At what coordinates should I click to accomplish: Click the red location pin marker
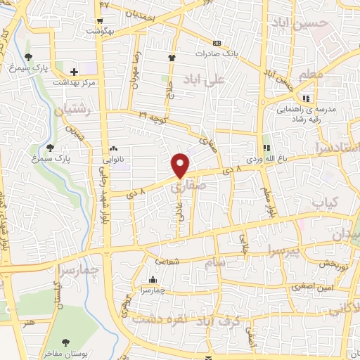coord(181,165)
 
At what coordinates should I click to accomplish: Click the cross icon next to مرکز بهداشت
coord(75,72)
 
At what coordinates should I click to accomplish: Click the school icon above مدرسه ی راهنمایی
coord(306,98)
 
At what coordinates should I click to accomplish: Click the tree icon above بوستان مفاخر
coord(65,342)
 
